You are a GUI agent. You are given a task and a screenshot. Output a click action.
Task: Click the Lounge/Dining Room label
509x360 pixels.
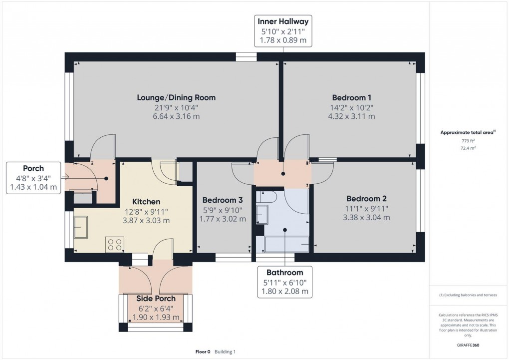pyautogui.click(x=176, y=97)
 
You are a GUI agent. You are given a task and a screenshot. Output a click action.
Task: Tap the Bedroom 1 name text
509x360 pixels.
pyautogui.click(x=351, y=97)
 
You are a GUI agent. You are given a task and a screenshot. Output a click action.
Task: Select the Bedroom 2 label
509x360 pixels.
pyautogui.click(x=366, y=198)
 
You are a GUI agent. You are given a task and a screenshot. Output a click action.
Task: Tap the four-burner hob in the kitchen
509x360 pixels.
pyautogui.click(x=114, y=244)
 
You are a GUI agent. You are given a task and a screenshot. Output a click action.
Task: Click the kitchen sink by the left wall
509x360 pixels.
pyautogui.click(x=81, y=227)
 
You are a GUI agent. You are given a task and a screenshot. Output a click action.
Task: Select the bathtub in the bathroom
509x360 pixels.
pyautogui.click(x=282, y=245)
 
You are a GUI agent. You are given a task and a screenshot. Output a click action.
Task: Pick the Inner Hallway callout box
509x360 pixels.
pyautogui.click(x=283, y=31)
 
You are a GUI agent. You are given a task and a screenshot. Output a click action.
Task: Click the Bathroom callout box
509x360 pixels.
pyautogui.click(x=284, y=282)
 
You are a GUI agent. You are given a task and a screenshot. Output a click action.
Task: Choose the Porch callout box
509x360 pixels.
pyautogui.click(x=33, y=178)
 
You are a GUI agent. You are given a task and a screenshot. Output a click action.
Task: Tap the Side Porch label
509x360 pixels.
pyautogui.click(x=156, y=299)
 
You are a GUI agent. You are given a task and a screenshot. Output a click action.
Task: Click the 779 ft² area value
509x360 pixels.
pyautogui.click(x=468, y=141)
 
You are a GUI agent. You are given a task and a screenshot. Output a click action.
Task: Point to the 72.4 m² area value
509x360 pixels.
pyautogui.click(x=468, y=149)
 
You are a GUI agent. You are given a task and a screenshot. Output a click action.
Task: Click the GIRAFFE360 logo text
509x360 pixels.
pyautogui.click(x=468, y=345)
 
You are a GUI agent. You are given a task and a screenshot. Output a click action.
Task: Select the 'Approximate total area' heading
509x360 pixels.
pyautogui.click(x=467, y=132)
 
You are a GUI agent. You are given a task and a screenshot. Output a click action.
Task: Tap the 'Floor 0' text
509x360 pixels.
pyautogui.click(x=203, y=352)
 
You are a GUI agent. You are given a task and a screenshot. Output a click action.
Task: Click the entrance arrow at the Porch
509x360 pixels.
pyautogui.click(x=65, y=177)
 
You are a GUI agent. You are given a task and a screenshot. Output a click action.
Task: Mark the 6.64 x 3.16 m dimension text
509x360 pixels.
pyautogui.click(x=176, y=116)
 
